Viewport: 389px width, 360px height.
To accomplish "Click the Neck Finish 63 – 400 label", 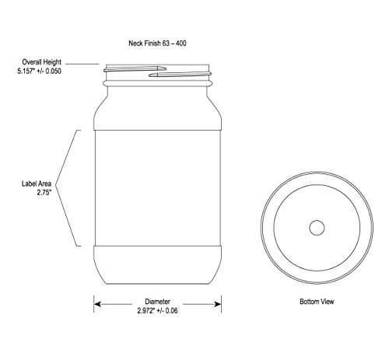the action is [157, 43].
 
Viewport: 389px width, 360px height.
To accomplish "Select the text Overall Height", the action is [41, 62].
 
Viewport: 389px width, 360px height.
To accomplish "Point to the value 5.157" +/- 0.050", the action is [40, 72].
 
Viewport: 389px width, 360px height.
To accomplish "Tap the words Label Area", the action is [37, 183].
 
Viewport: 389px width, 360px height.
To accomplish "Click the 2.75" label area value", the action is [44, 193].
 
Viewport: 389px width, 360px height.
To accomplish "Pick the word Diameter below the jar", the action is [157, 302].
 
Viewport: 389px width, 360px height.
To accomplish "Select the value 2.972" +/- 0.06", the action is [157, 310].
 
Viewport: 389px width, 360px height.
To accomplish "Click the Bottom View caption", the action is [317, 302].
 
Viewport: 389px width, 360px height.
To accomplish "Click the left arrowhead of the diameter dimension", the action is [97, 304].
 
